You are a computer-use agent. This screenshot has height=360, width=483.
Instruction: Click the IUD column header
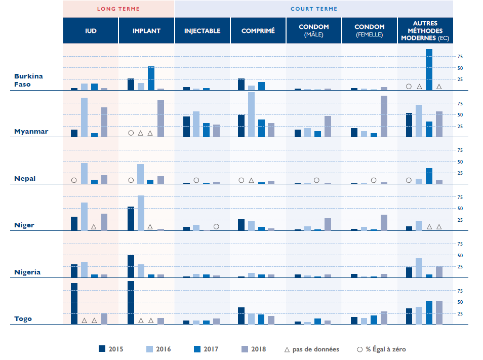click(91, 31)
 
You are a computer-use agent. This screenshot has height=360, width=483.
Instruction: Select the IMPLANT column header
click(146, 31)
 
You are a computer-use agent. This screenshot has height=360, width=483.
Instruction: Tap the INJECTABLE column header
click(202, 31)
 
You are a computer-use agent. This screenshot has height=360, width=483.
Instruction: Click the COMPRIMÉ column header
click(258, 31)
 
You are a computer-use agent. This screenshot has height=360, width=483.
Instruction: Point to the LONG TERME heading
click(118, 9)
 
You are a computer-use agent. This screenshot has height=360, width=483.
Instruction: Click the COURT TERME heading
click(314, 9)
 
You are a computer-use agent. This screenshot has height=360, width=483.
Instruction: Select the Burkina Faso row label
click(28, 80)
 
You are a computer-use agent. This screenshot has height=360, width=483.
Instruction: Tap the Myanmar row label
click(31, 132)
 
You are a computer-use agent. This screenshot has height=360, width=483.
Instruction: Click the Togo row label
click(23, 319)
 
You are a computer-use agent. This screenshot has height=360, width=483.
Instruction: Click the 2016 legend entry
click(158, 349)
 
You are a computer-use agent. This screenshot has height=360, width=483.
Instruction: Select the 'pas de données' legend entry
click(312, 349)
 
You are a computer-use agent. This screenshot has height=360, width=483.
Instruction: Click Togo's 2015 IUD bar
click(74, 303)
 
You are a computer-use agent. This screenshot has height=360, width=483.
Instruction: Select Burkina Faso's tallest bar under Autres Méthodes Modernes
click(429, 69)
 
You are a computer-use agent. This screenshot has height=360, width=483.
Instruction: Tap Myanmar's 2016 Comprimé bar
click(251, 114)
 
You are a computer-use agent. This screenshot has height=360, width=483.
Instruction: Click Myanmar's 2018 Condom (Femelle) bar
click(384, 116)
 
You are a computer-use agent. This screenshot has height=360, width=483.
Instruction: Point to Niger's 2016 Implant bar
click(141, 213)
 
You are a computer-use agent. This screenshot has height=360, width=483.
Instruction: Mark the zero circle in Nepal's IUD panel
click(74, 180)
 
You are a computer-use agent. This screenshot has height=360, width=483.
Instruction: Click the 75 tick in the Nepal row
click(460, 150)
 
